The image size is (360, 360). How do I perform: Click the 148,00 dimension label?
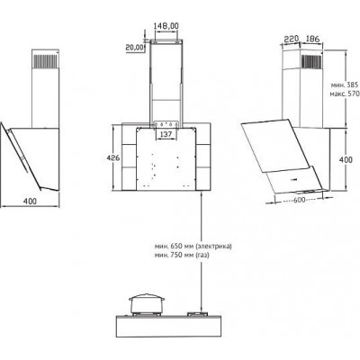point(166,26)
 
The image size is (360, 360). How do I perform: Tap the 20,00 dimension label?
point(134,48)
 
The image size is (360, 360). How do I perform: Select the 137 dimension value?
point(166,134)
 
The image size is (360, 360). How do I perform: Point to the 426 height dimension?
point(114,157)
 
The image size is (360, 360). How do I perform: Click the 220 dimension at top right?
point(291,39)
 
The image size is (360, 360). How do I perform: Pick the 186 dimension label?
point(312,39)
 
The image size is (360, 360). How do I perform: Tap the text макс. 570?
point(345,94)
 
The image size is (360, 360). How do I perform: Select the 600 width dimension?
point(299,200)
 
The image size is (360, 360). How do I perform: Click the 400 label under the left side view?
point(30,201)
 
